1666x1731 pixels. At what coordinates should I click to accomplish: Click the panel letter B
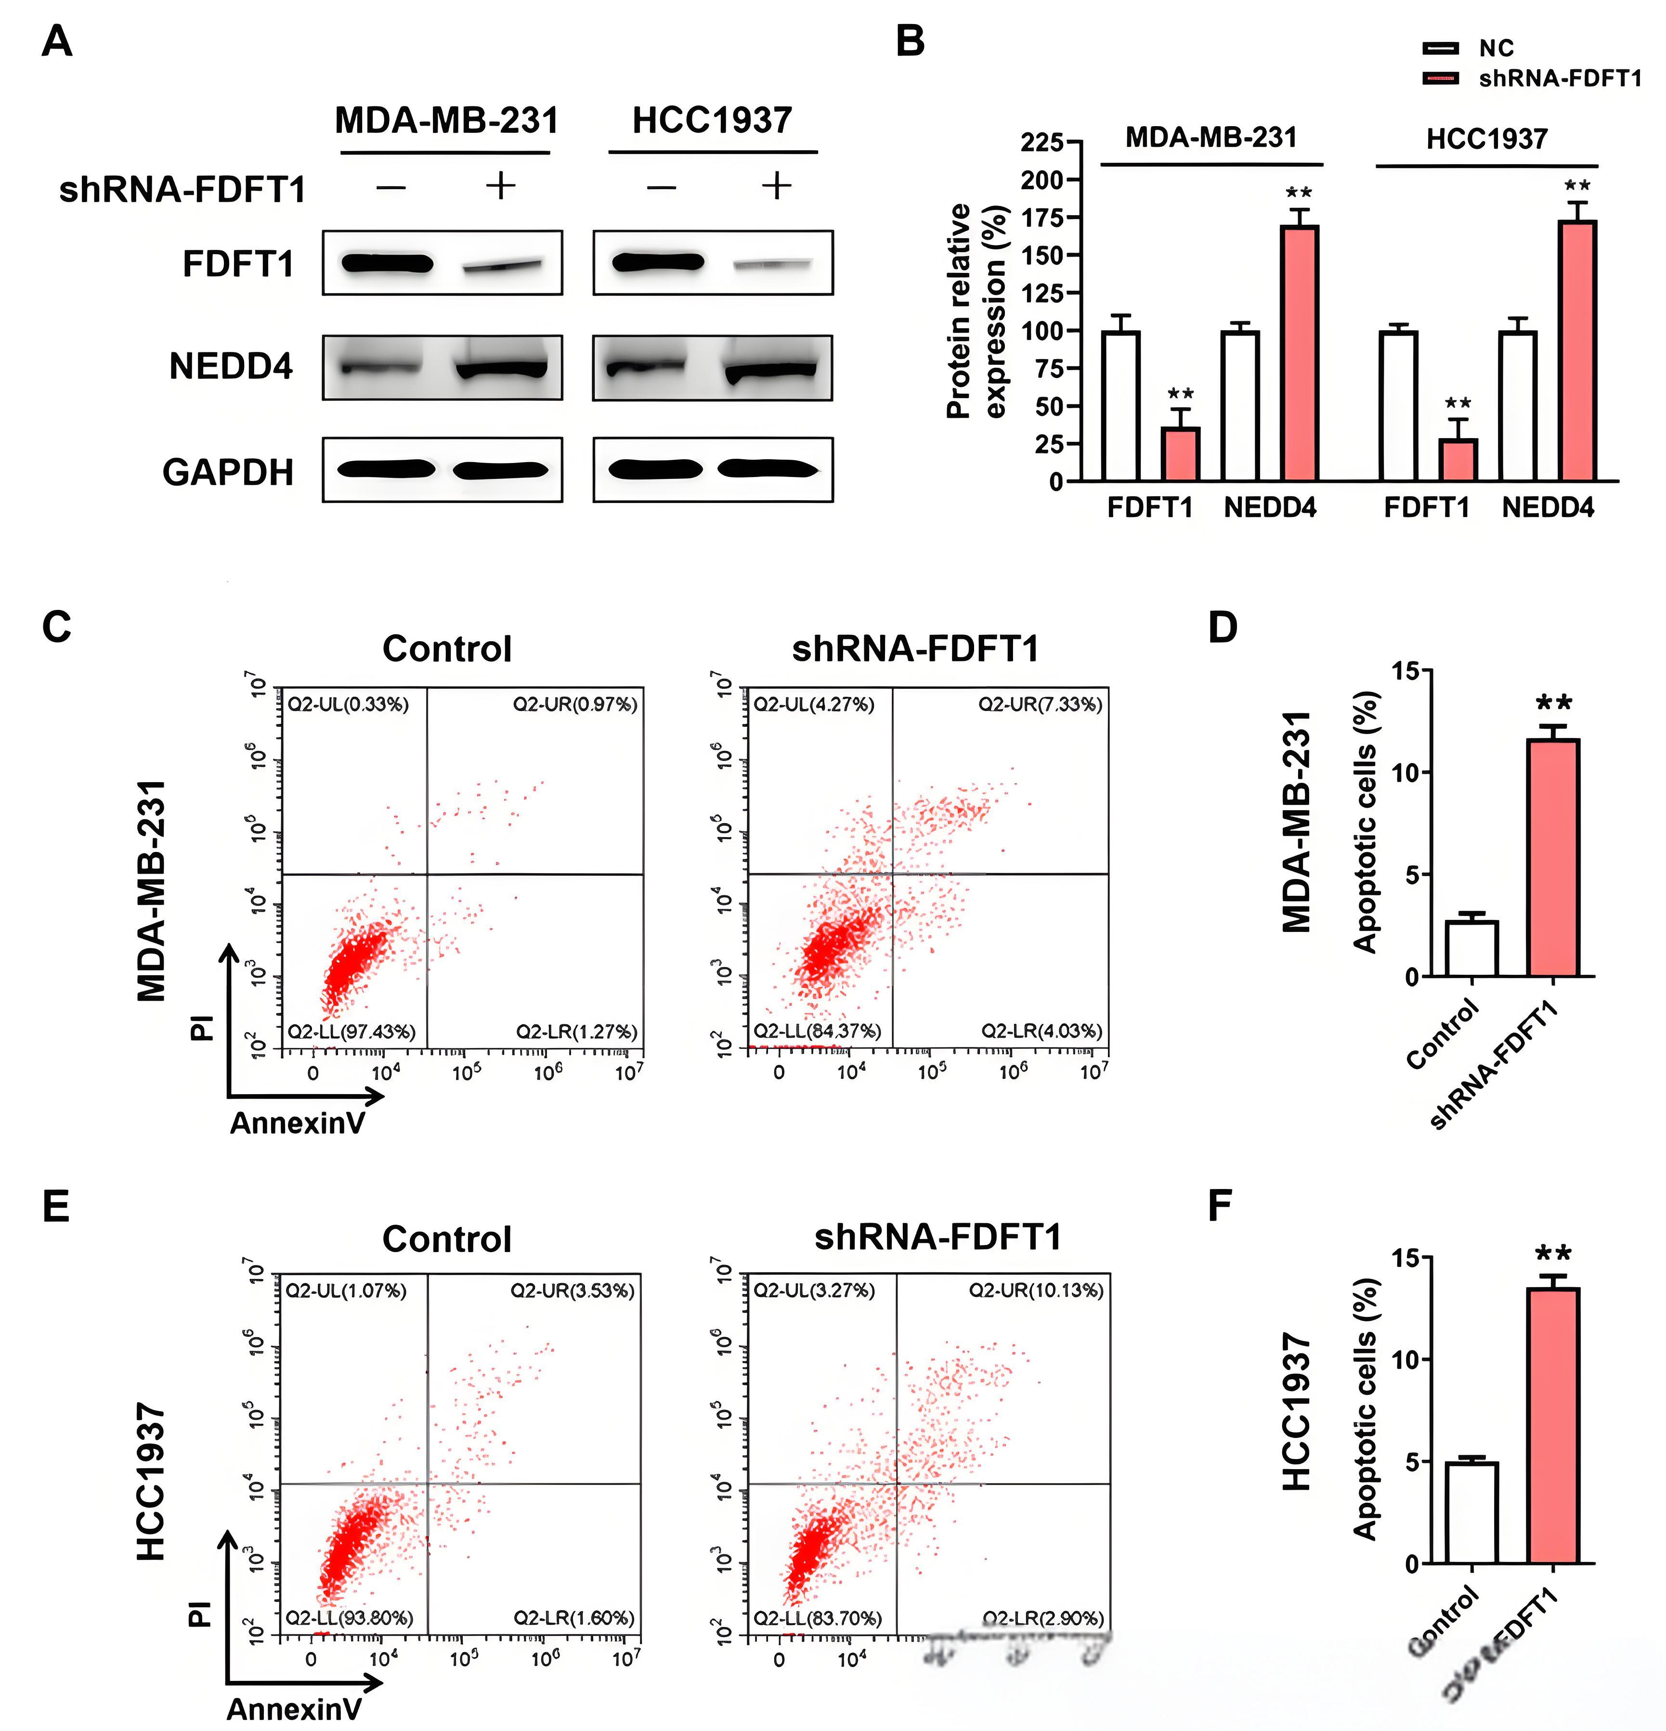(910, 41)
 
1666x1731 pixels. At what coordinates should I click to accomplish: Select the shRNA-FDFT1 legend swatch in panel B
(1440, 78)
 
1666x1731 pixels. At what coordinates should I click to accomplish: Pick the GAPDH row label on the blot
(228, 473)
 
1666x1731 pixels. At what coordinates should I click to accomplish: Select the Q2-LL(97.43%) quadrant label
(351, 1031)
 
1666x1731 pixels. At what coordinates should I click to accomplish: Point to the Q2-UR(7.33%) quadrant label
(1040, 704)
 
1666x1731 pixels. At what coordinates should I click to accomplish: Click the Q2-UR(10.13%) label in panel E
(1036, 1290)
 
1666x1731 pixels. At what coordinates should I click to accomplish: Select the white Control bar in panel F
(1471, 1513)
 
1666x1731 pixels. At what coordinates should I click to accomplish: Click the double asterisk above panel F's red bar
(1553, 1254)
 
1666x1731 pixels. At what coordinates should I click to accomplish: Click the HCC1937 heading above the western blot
(712, 121)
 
